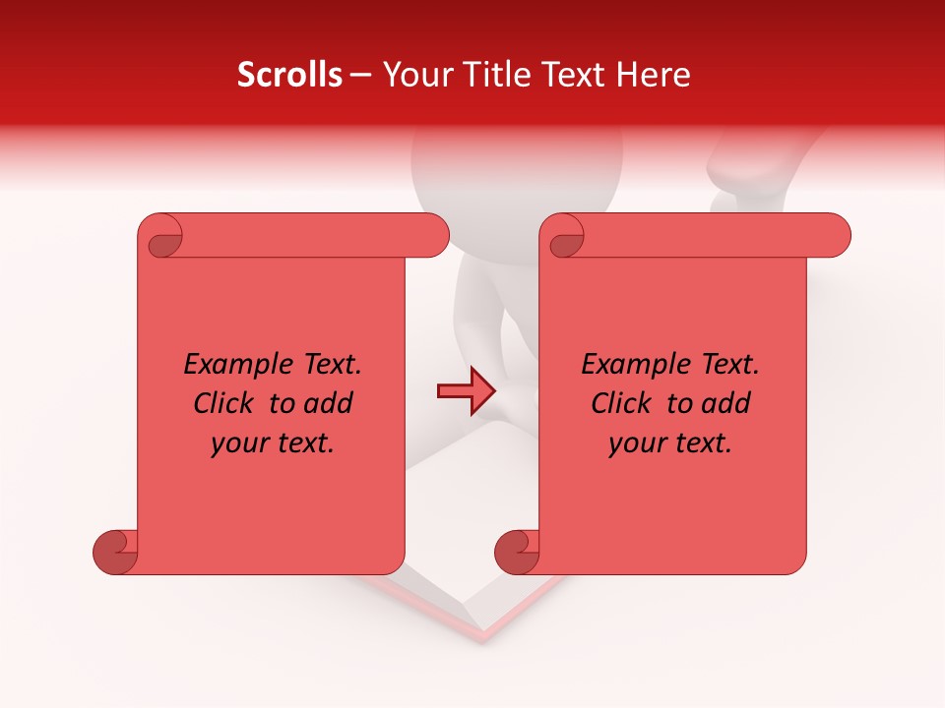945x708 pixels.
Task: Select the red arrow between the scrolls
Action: [x=465, y=391]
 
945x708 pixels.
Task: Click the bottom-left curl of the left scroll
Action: [x=116, y=553]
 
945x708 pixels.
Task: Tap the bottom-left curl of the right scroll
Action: [x=518, y=553]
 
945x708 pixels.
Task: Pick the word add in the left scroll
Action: [x=330, y=403]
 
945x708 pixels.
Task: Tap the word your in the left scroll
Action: [x=239, y=443]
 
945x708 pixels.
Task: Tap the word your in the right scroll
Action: [x=637, y=443]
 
